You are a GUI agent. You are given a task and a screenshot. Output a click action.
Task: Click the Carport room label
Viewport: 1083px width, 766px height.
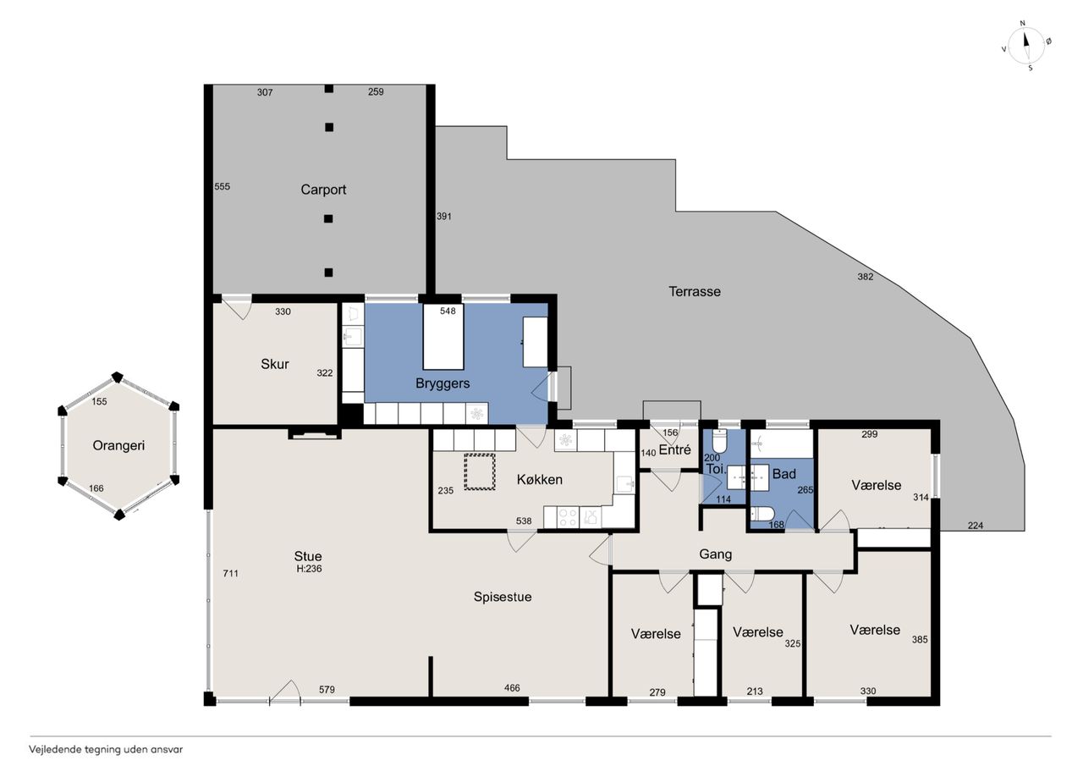tap(323, 190)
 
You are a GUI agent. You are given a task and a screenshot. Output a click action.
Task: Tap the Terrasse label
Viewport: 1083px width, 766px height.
tap(695, 292)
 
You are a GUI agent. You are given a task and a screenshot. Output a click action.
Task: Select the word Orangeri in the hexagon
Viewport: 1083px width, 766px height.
tap(118, 446)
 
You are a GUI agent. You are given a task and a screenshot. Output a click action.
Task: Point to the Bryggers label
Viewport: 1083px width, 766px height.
tap(443, 383)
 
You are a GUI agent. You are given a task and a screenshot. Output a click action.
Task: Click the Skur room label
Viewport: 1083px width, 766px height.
tap(275, 364)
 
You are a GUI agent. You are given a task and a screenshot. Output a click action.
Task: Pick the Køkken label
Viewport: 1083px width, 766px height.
tap(540, 480)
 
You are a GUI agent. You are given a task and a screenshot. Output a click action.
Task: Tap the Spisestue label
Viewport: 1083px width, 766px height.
tap(503, 597)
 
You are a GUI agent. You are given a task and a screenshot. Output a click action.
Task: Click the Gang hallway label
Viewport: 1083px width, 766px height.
tap(715, 554)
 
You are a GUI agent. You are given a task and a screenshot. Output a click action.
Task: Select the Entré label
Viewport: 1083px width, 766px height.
tap(674, 449)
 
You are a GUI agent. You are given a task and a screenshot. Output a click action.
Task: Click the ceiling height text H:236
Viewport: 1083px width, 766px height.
tap(309, 569)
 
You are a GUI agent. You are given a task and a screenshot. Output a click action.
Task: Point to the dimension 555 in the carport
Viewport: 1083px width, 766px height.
tap(222, 187)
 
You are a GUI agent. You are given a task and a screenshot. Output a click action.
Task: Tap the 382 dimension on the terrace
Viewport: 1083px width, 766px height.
tap(865, 277)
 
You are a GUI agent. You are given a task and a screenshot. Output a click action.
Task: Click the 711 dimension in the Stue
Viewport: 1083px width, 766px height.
tap(230, 574)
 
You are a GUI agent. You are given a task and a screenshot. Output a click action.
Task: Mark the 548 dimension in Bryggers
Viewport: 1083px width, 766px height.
tap(448, 311)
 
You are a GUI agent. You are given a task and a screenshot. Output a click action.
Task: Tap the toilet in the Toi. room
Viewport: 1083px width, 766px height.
tap(720, 439)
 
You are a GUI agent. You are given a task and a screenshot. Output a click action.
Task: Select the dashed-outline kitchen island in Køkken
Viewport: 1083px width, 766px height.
tap(480, 471)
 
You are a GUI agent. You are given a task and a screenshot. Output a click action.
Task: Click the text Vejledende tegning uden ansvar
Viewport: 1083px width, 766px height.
tap(106, 750)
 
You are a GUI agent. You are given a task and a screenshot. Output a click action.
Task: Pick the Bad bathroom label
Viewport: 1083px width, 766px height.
tap(783, 474)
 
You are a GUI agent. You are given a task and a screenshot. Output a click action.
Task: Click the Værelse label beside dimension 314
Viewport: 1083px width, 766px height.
tap(876, 485)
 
